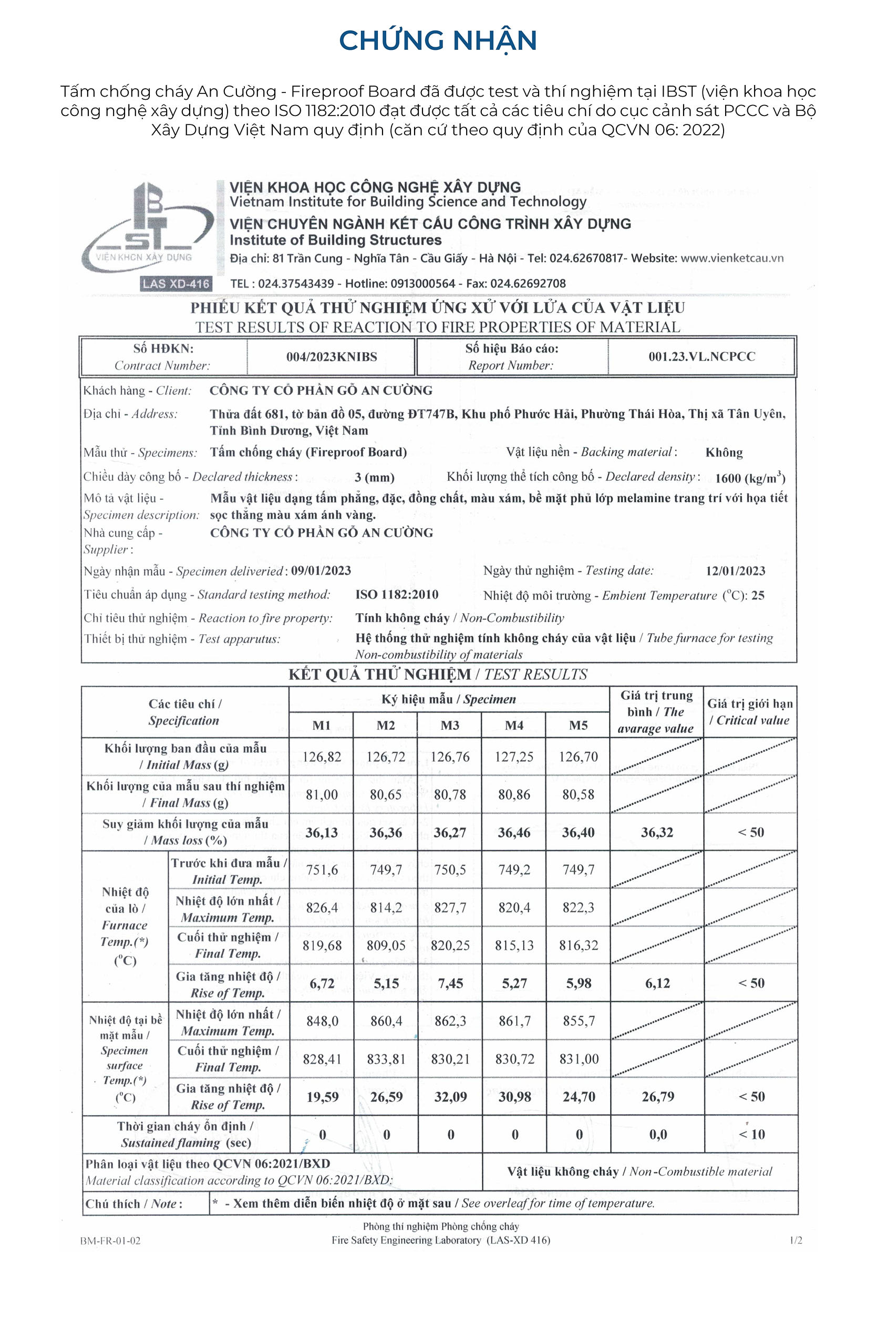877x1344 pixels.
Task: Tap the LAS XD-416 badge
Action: tap(176, 283)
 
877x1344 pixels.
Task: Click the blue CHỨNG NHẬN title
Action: tap(438, 40)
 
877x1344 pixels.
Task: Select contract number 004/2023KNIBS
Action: tap(331, 357)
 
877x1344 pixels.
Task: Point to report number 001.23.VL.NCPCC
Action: tap(701, 357)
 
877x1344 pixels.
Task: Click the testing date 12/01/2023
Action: tap(735, 571)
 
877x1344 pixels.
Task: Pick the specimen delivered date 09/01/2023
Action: tap(321, 571)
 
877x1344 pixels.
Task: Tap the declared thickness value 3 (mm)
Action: tap(374, 477)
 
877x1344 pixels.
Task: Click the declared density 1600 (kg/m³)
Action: tap(750, 478)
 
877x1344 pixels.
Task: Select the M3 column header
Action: tap(450, 725)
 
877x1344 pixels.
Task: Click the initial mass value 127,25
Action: tap(514, 757)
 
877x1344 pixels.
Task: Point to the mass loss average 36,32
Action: tap(657, 832)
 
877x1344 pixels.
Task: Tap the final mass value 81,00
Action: tap(322, 794)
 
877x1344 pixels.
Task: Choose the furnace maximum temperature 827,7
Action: tap(450, 908)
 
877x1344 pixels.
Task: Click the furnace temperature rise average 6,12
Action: tap(657, 983)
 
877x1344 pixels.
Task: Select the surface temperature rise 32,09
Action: tap(450, 1097)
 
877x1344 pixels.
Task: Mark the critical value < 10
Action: tap(751, 1135)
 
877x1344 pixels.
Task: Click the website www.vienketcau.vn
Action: tap(732, 258)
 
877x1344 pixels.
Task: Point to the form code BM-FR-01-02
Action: tap(110, 1241)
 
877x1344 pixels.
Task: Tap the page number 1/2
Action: tap(796, 1241)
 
